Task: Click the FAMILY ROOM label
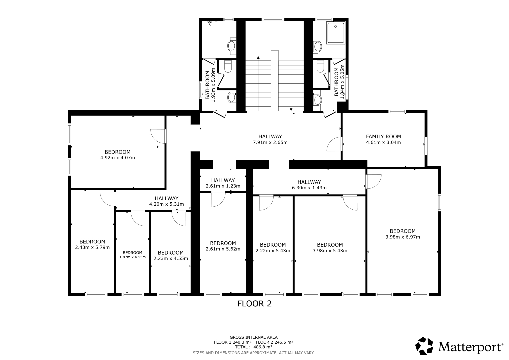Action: (383, 137)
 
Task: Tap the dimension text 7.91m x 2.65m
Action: (270, 143)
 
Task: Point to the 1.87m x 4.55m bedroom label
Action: (132, 255)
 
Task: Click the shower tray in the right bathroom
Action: (336, 33)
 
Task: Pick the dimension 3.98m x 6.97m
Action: (403, 237)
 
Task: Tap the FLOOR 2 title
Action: (255, 304)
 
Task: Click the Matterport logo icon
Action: (424, 346)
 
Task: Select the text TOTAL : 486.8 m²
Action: (254, 347)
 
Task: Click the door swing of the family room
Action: (334, 144)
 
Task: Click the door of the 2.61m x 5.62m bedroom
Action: (218, 199)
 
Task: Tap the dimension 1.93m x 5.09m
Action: (213, 85)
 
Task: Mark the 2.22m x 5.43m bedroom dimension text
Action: (273, 251)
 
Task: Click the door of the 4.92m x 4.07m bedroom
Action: (158, 136)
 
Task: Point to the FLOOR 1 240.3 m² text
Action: (233, 342)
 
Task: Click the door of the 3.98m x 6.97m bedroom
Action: (373, 181)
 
